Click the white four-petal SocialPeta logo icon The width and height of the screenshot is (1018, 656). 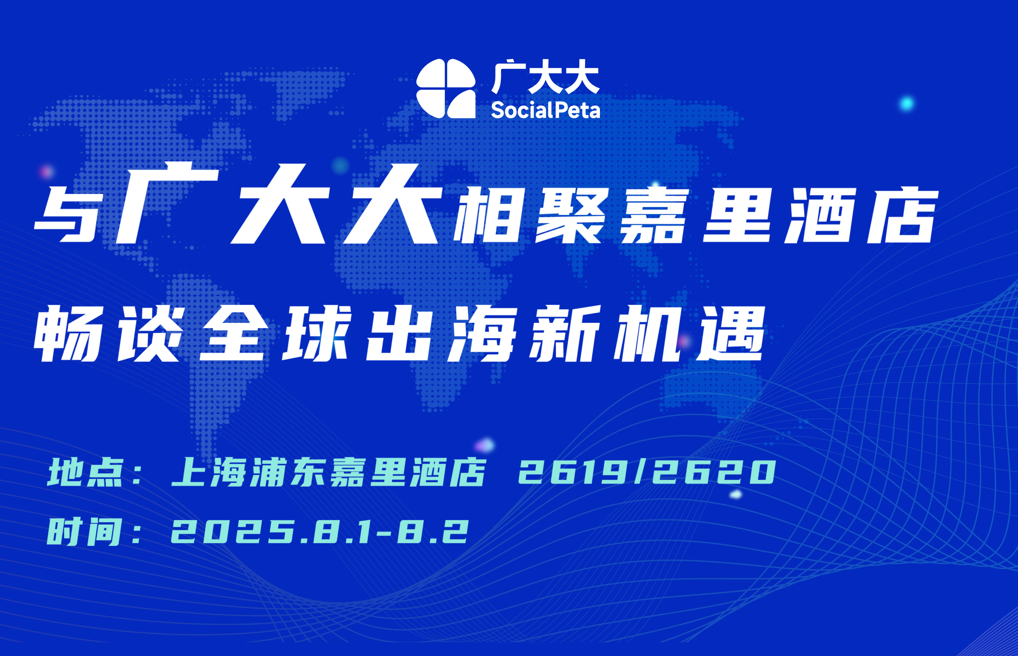click(x=446, y=89)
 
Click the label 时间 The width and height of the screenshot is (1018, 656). click(x=85, y=532)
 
